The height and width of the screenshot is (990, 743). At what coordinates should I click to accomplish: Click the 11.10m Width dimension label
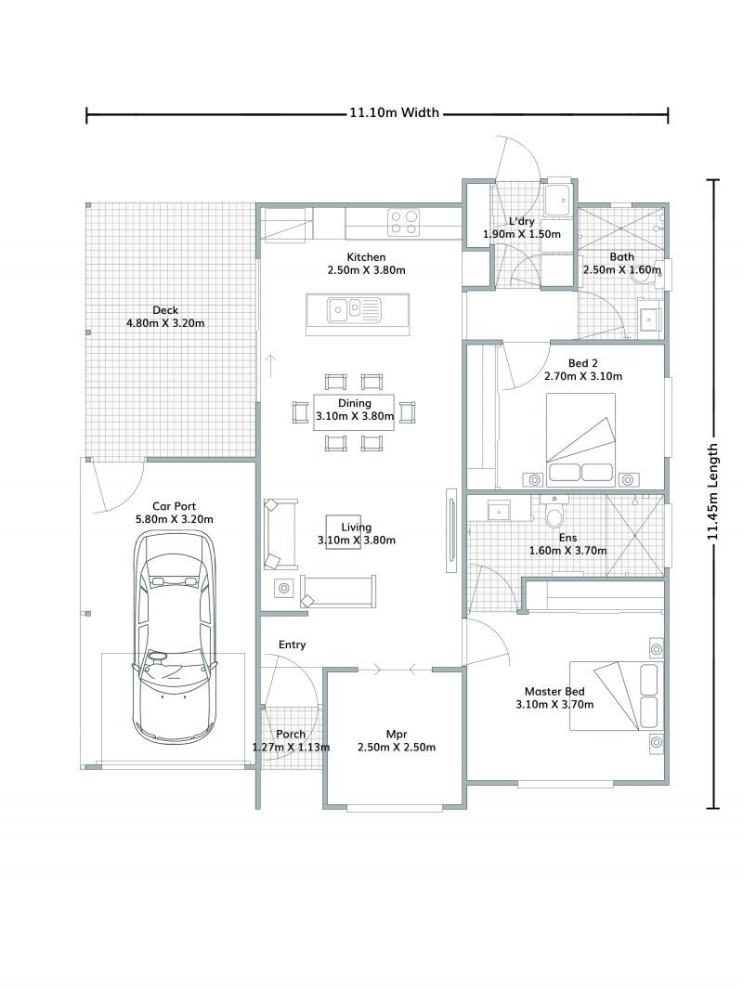(393, 114)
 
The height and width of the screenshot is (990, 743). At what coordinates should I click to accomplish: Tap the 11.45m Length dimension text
(713, 490)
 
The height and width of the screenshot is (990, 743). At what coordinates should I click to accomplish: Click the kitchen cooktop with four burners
(403, 221)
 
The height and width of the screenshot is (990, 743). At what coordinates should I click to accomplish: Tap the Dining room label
(354, 403)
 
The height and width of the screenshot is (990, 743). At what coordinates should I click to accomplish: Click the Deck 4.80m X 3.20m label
(165, 317)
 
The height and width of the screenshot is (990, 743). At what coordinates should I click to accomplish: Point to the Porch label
(291, 734)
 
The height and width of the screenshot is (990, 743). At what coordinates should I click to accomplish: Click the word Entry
(292, 645)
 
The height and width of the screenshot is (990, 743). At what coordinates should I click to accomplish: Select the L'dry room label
(521, 221)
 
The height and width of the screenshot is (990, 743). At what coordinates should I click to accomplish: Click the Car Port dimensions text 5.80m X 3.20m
(175, 519)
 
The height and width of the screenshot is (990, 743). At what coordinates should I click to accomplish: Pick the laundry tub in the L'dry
(560, 199)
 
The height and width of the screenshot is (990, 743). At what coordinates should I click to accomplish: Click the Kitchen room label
(366, 257)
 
